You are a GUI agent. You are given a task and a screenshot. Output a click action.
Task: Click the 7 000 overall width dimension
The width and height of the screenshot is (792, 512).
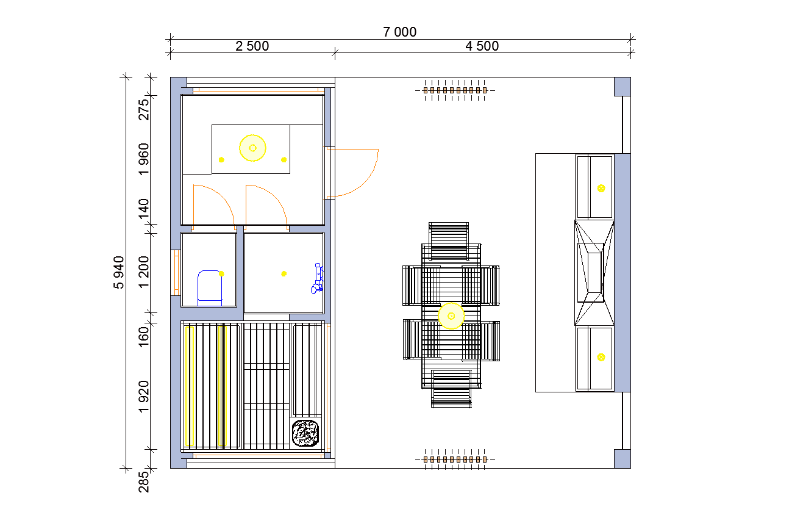coord(399,32)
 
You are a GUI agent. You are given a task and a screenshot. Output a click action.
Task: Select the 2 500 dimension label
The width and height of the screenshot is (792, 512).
coord(252,46)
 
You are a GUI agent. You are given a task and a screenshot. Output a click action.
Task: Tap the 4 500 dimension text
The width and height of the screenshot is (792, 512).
coord(482,46)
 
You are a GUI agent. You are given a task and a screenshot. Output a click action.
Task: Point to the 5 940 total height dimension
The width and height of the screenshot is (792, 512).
coord(119,272)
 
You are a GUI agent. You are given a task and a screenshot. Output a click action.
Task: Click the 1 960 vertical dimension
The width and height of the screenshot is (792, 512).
coord(144,159)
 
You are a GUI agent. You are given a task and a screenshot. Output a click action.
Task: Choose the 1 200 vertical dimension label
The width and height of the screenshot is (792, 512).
coord(144,272)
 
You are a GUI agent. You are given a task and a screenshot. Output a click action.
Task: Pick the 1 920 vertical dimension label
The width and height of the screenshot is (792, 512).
coord(144,397)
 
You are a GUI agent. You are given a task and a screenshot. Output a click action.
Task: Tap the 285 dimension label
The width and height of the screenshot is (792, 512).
coord(144,482)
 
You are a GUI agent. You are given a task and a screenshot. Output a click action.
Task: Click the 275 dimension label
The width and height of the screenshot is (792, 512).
coord(144,110)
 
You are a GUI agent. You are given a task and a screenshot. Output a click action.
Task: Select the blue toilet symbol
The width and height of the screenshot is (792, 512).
coord(210,288)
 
